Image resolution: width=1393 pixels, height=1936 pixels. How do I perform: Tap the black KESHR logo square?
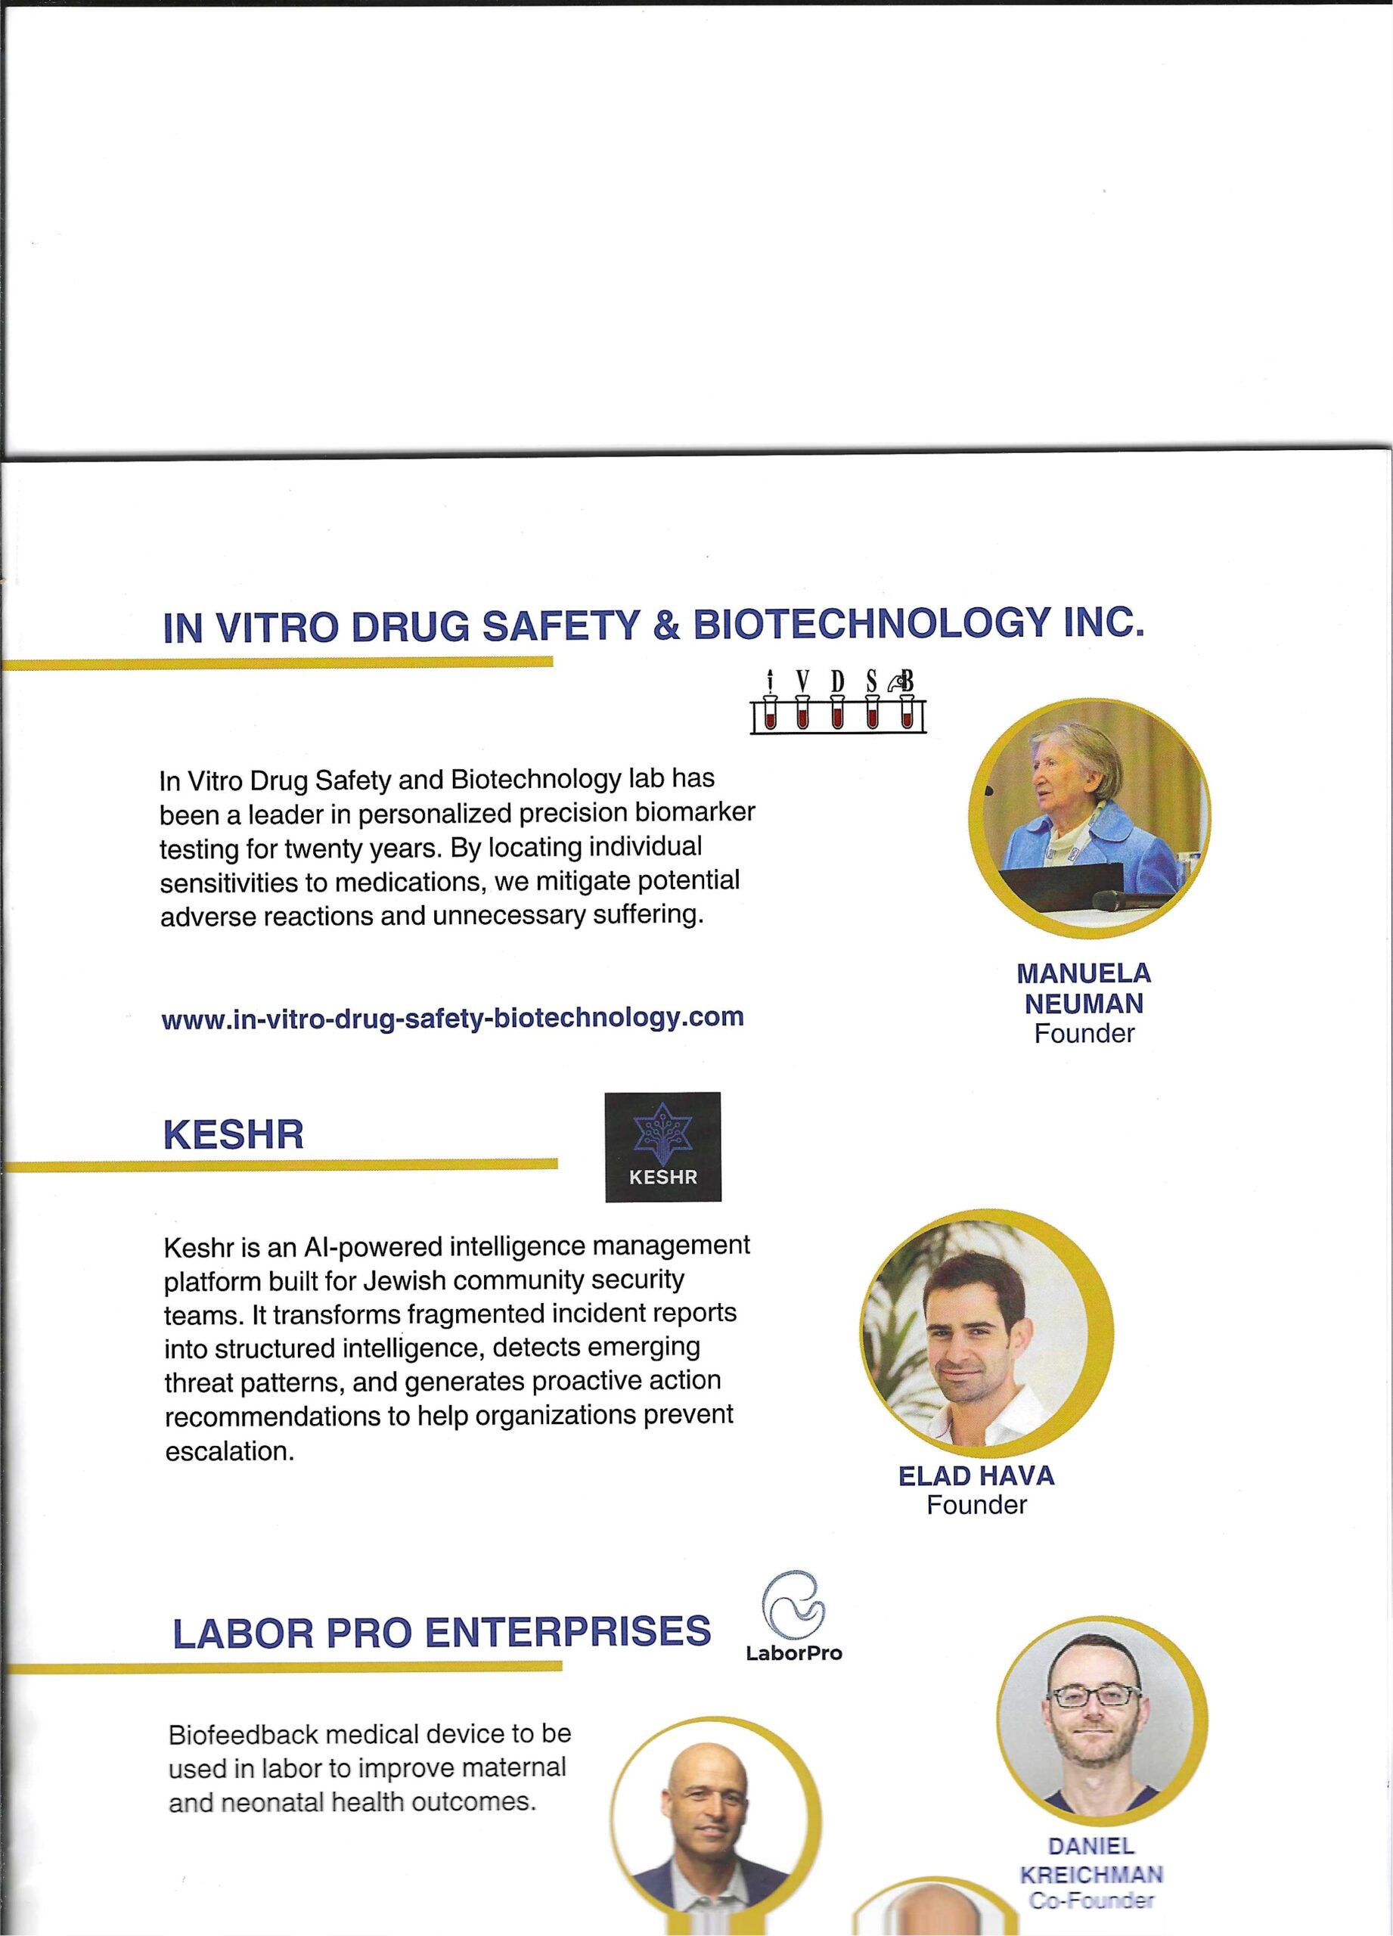coord(662,1147)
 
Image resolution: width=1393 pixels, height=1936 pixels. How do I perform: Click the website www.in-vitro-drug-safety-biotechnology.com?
coord(452,1017)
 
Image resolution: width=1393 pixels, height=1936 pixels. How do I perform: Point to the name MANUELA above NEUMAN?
coord(1084,973)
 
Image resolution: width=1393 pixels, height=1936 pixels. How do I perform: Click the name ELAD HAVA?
coord(976,1476)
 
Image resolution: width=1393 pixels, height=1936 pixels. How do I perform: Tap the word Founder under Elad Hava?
coord(976,1505)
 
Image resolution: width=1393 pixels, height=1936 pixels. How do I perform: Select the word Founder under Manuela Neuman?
coord(1084,1034)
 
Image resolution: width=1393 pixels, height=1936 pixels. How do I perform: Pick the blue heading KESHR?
coord(233,1135)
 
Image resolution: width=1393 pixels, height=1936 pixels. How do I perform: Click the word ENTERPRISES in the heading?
coord(568,1632)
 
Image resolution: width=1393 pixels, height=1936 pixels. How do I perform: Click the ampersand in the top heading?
coord(665,628)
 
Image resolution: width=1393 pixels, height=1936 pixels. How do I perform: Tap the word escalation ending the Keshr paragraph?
coord(228,1451)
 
